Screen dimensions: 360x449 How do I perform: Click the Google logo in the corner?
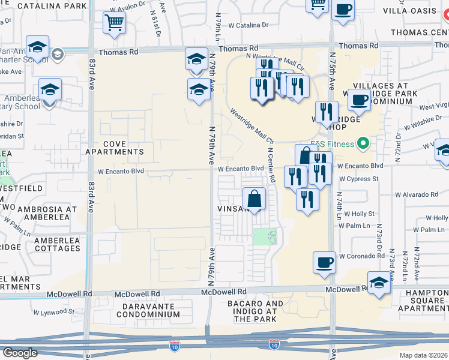[x=20, y=353]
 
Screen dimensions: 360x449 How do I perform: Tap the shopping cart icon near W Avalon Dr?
[x=113, y=23]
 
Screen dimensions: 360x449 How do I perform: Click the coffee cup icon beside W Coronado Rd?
[x=325, y=262]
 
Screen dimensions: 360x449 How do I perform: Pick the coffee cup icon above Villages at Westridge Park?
[x=359, y=99]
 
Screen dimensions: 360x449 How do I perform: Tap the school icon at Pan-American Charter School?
[x=38, y=48]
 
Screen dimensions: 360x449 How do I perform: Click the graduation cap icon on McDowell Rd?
[x=378, y=283]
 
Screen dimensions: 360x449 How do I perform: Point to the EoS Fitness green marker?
[x=363, y=144]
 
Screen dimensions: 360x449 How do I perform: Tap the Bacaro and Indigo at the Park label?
[x=255, y=311]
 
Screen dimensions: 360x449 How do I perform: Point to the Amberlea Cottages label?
[x=57, y=244]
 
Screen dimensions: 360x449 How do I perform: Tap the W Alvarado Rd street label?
[x=417, y=194]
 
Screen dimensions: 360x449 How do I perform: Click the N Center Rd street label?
[x=271, y=166]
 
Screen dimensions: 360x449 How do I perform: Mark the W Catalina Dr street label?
[x=249, y=25]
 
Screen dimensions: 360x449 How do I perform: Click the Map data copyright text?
[x=424, y=354]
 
